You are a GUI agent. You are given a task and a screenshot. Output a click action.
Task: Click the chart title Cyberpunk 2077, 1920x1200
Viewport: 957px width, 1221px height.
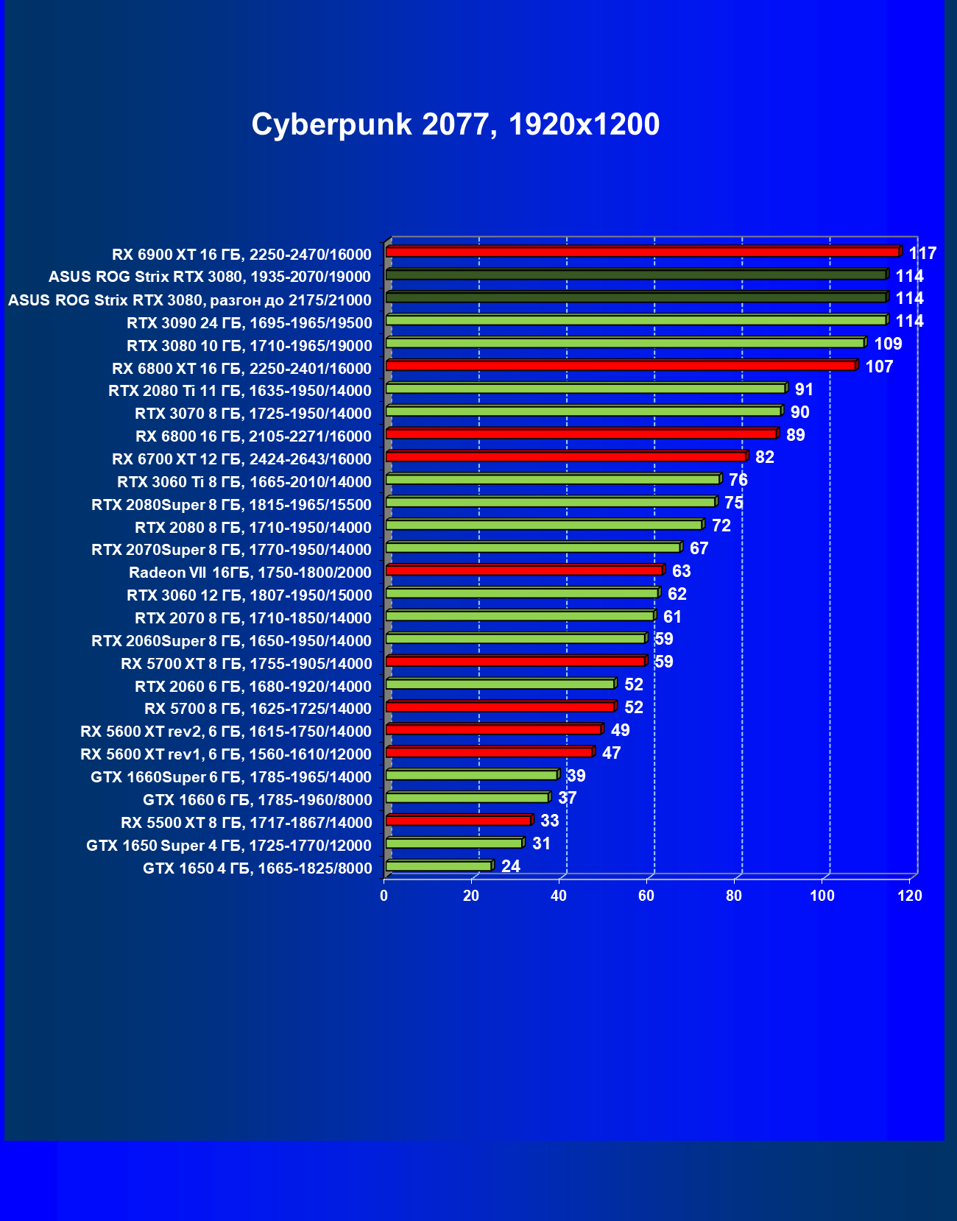pos(455,124)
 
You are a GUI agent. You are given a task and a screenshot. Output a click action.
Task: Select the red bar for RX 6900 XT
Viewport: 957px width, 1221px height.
pos(642,252)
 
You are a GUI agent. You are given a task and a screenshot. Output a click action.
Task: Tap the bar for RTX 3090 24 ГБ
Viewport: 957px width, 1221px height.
pos(635,320)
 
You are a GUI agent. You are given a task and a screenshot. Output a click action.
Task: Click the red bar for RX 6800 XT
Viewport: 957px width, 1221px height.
pos(621,366)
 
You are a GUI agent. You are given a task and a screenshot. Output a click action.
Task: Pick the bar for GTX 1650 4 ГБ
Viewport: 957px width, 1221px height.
pos(439,866)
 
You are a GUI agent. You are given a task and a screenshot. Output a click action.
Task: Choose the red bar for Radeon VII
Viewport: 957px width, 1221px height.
pos(524,570)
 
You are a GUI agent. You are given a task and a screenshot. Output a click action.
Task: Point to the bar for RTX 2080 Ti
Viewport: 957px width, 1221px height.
pos(585,389)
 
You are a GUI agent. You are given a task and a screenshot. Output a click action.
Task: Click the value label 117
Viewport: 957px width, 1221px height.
pos(922,253)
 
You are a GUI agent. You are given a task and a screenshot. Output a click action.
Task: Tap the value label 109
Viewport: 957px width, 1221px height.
pos(888,344)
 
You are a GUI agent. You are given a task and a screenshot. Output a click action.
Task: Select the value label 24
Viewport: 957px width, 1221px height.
pos(511,866)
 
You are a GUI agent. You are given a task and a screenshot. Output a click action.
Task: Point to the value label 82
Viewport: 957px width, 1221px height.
pos(765,457)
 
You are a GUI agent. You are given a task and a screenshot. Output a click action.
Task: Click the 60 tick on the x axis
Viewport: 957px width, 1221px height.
pos(646,896)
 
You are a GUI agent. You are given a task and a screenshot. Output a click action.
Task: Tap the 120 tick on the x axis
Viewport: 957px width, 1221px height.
pos(910,896)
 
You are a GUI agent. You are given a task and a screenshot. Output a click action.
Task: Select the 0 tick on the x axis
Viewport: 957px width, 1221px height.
pos(384,896)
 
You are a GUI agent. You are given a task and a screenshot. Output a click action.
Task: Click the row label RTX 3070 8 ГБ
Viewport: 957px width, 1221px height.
pos(253,414)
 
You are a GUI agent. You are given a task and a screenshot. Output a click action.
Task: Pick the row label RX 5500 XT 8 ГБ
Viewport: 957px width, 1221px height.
pos(247,823)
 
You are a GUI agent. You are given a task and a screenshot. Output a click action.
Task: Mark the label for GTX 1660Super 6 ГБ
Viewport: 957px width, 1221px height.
pos(231,777)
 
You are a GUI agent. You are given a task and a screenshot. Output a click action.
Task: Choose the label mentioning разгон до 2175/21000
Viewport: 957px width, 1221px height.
pos(190,300)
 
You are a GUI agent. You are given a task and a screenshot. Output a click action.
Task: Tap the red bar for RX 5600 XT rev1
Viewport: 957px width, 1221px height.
pos(489,752)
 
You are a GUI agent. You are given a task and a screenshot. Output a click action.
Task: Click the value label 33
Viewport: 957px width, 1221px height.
pos(549,821)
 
